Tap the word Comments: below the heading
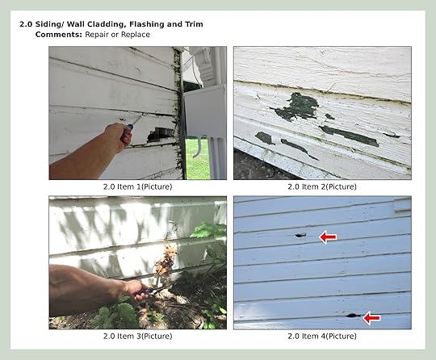tap(59, 35)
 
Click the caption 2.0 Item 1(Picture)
tap(137, 186)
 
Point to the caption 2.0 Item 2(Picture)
tap(322, 186)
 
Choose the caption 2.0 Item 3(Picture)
tap(137, 336)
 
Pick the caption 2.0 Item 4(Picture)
tap(322, 336)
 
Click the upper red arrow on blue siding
tap(328, 237)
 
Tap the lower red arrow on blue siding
tap(371, 317)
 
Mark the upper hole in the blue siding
tap(300, 236)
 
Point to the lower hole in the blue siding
tap(352, 316)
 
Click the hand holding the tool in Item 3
tap(137, 291)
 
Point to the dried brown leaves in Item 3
tap(166, 261)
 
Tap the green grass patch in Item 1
tap(198, 158)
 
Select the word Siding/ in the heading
tap(49, 24)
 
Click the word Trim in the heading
tap(194, 24)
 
